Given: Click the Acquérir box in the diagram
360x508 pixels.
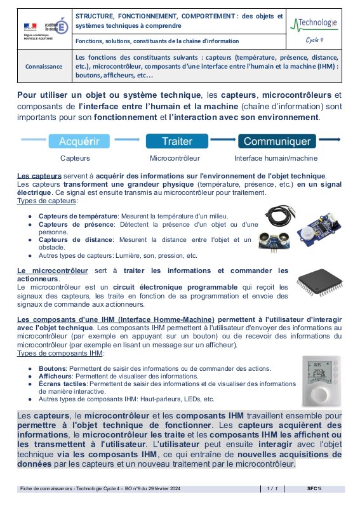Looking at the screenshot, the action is click(x=79, y=141).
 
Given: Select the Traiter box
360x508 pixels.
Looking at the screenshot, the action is click(x=177, y=141).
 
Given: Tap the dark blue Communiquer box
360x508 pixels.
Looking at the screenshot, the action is click(x=277, y=141).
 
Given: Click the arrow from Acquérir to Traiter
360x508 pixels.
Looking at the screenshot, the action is click(x=127, y=140).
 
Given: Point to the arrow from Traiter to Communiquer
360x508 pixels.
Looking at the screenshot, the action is click(x=223, y=140).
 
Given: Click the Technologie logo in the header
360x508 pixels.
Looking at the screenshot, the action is click(x=314, y=24).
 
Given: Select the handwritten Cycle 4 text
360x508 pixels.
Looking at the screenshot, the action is click(x=314, y=40).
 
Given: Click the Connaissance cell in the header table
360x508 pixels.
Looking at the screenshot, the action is click(x=44, y=66).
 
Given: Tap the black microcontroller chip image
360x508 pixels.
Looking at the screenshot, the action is click(x=319, y=282).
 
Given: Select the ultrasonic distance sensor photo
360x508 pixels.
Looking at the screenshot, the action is click(x=274, y=242).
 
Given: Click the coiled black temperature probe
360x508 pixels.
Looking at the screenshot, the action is click(x=279, y=216).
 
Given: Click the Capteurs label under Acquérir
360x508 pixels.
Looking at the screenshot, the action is click(x=75, y=158).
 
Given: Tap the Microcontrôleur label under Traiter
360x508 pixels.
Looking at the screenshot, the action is click(x=175, y=158).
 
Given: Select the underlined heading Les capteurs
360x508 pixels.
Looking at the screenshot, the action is click(x=39, y=176).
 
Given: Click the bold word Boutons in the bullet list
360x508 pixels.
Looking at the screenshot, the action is click(x=52, y=368).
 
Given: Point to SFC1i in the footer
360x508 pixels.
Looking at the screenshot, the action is click(x=314, y=488).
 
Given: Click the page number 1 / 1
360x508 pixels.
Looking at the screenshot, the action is click(x=272, y=488).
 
